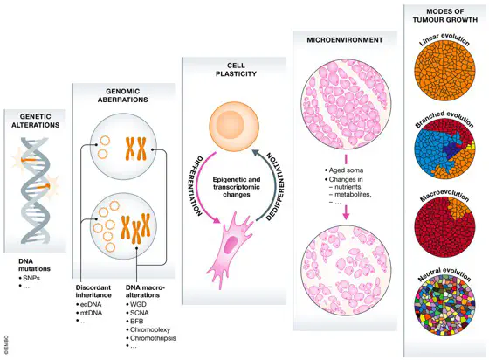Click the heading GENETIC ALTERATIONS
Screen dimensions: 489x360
pos(35,121)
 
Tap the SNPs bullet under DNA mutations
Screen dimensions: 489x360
pos(31,278)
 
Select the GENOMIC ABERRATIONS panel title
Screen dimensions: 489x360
pos(122,95)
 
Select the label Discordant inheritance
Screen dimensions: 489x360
pos(93,291)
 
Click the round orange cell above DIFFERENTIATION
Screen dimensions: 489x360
pos(234,126)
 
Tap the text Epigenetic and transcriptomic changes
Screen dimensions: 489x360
pos(237,187)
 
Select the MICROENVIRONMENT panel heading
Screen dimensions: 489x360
pos(345,40)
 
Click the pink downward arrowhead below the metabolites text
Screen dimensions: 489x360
pos(346,215)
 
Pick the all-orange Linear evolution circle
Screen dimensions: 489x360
pos(444,70)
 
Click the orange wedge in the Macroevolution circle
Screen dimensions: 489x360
pos(458,207)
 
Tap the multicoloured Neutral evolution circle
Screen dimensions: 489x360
pos(444,306)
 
